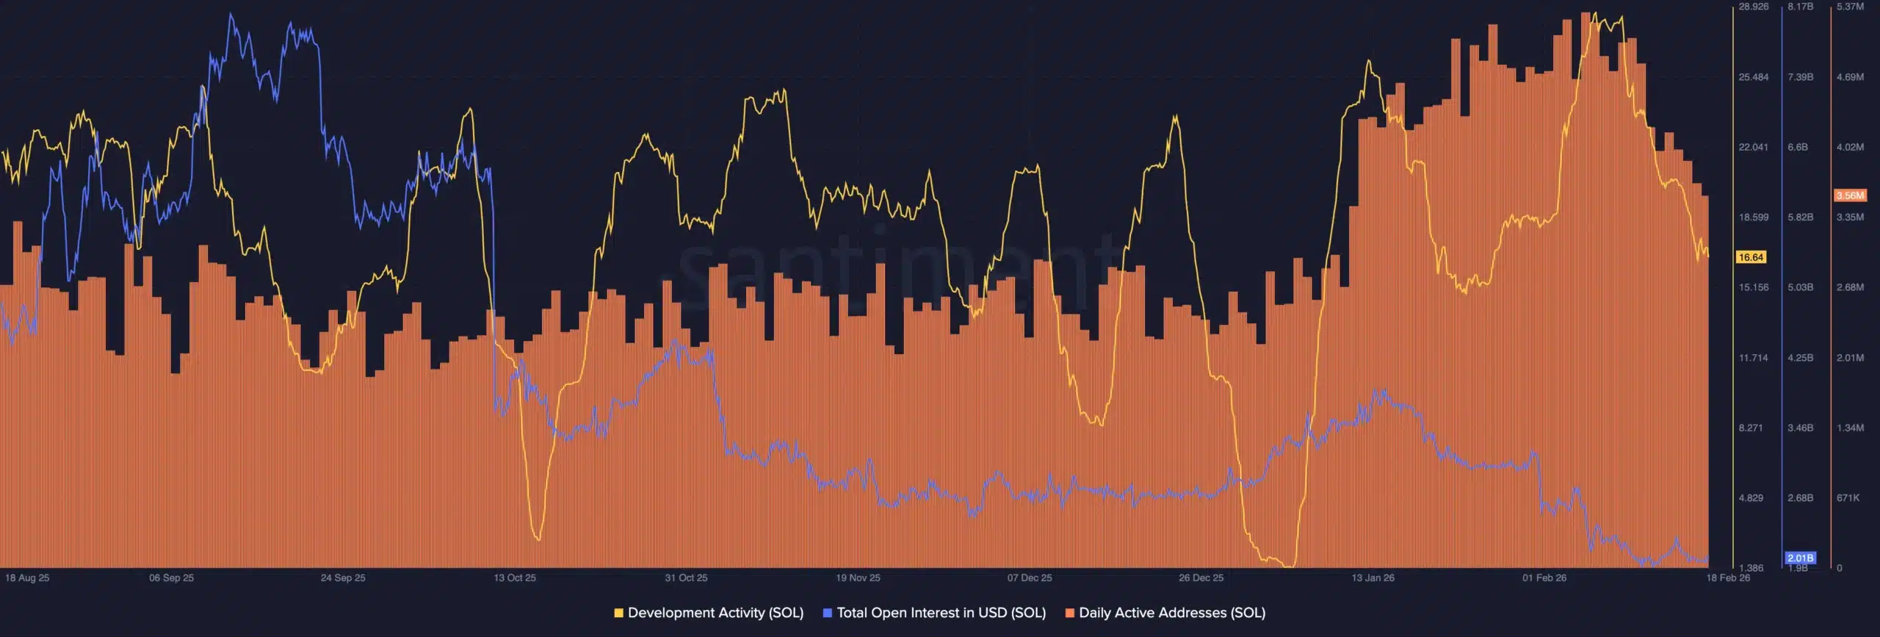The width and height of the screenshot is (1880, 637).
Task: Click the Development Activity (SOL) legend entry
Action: [709, 613]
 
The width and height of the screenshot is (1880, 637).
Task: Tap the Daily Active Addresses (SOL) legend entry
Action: [1165, 613]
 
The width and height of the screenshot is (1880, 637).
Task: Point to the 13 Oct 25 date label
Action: [514, 578]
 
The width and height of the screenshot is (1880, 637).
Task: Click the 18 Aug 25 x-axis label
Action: [27, 578]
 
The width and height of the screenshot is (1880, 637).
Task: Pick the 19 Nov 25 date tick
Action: [858, 578]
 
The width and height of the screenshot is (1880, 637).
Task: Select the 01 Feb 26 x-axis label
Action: [1544, 578]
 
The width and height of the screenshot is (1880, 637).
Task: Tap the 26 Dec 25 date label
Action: [1201, 578]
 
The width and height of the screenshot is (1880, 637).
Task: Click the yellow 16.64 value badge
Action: [1751, 257]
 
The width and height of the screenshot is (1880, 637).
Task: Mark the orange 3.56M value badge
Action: [1850, 195]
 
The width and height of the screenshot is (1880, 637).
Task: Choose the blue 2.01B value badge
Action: [1800, 558]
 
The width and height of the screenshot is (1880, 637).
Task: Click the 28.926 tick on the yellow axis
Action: [1753, 7]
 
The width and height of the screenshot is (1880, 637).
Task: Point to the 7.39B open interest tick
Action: [1800, 77]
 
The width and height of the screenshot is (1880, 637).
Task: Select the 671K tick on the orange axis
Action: [1848, 498]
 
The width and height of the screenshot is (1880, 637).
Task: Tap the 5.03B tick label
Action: [1800, 287]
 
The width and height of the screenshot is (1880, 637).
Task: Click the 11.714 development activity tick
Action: [1753, 358]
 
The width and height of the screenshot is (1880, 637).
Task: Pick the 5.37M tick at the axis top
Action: [1850, 7]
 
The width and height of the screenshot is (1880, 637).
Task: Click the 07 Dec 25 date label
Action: [1029, 578]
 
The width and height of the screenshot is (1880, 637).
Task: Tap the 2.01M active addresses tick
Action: [1850, 358]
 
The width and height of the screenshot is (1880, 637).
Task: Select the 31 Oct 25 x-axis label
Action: [686, 578]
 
